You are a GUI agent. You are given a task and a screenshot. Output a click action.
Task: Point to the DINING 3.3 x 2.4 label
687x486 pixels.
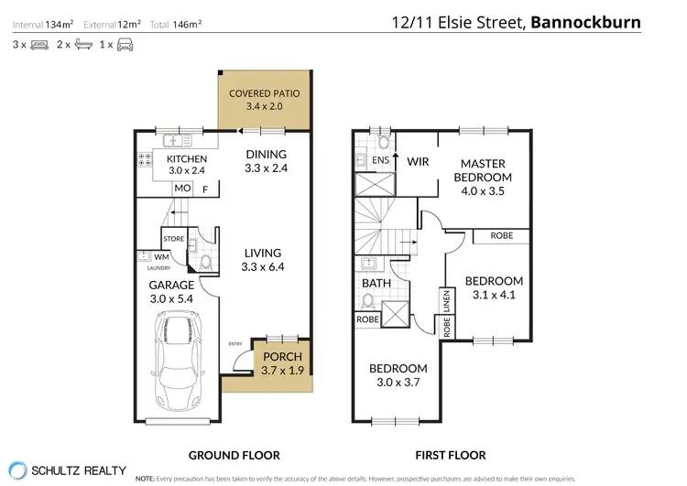[x=266, y=161]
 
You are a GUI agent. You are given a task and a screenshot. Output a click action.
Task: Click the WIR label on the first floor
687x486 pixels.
[x=418, y=160]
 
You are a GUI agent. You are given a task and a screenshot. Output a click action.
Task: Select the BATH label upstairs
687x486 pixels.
[x=376, y=283]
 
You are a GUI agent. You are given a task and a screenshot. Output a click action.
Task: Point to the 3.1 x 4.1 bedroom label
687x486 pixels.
[x=494, y=288]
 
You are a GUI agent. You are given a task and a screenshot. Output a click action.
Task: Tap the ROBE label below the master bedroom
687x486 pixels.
[x=501, y=235]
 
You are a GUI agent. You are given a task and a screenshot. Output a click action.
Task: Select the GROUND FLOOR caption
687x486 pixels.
[x=234, y=455]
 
